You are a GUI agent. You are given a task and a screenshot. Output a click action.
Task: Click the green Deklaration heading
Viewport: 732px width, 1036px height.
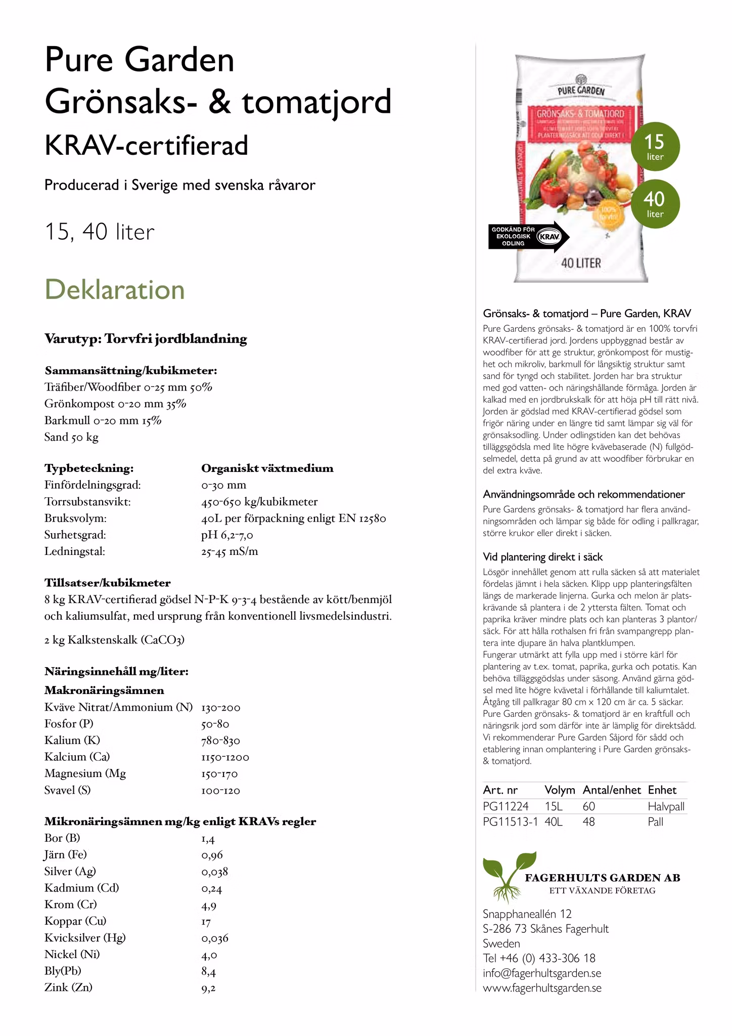115,290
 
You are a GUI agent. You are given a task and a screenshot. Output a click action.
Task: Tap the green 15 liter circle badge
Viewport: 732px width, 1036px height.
655,147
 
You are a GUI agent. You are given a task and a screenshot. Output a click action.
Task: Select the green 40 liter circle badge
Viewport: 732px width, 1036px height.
655,204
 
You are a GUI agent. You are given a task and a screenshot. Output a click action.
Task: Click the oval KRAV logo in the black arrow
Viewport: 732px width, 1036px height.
549,237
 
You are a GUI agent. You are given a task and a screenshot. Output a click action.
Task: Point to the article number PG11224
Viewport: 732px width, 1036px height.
506,806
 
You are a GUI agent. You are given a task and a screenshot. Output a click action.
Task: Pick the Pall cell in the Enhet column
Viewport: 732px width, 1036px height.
656,822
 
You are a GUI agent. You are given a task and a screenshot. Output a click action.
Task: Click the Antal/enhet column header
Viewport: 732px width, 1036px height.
612,790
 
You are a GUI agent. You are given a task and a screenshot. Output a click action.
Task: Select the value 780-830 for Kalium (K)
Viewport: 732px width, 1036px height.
220,741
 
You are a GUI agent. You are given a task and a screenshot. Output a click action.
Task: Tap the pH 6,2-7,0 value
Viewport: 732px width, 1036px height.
227,535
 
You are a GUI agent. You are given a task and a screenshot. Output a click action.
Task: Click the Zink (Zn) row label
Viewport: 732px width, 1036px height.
68,987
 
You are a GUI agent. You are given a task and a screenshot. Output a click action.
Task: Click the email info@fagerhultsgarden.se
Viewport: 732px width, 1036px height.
542,973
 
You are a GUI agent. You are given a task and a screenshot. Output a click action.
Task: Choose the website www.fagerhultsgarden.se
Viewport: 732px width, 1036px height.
542,988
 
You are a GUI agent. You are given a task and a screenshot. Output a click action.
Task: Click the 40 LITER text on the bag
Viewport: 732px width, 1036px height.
581,263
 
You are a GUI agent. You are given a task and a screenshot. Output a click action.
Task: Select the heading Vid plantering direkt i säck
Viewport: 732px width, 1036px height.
543,557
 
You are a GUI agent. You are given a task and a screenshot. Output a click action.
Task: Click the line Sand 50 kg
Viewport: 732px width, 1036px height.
71,437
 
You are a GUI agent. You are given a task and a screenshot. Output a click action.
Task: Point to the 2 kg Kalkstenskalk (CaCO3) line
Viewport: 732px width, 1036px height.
114,640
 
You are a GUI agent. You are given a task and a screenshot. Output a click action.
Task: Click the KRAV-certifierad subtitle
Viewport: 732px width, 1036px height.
147,145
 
